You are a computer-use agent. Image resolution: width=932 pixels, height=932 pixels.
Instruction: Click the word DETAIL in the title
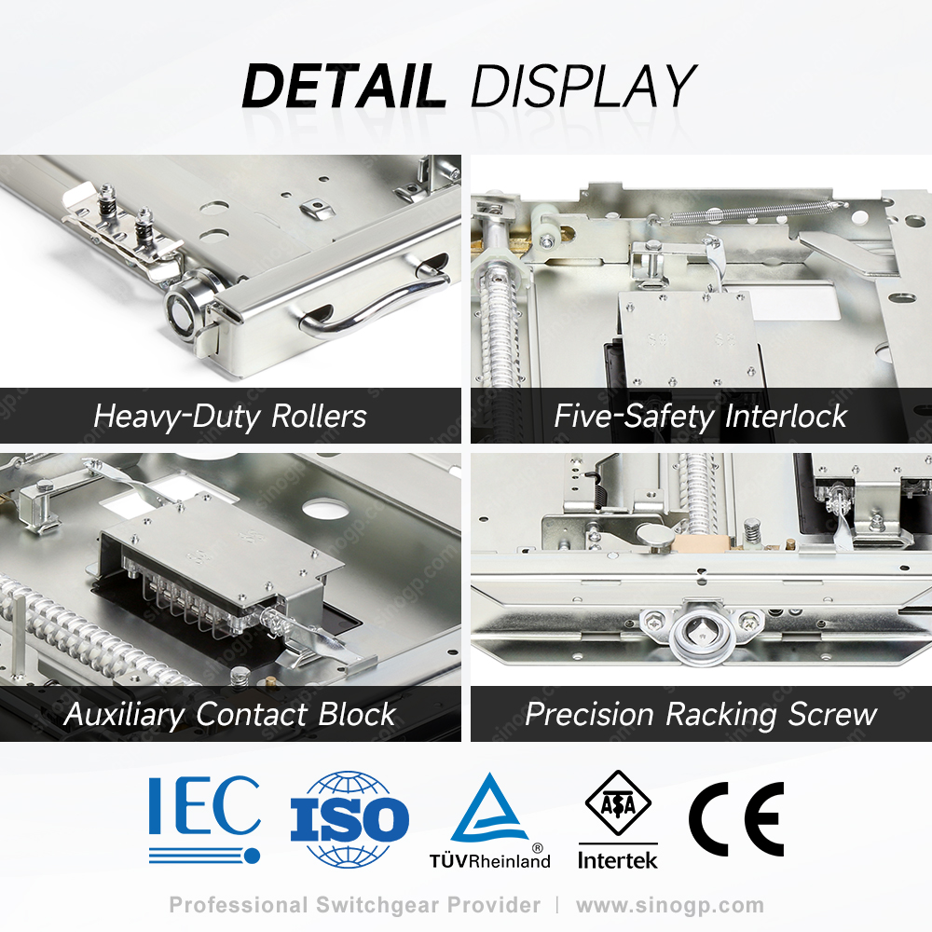click(344, 86)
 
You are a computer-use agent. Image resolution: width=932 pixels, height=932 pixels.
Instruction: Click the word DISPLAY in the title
click(583, 86)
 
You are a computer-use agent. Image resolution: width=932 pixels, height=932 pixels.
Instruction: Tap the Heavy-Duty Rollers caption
click(230, 416)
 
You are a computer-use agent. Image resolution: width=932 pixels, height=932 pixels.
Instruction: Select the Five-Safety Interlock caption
click(700, 416)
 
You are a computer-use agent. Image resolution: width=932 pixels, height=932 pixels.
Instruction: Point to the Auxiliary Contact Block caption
click(230, 714)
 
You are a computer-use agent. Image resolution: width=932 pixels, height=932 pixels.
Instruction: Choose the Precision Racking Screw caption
click(701, 714)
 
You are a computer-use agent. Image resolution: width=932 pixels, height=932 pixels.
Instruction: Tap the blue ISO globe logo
click(349, 818)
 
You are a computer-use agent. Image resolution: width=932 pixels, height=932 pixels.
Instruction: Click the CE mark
click(736, 819)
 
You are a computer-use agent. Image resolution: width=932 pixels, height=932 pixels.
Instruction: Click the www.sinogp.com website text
click(670, 905)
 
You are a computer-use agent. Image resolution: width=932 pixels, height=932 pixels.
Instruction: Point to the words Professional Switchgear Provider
click(355, 905)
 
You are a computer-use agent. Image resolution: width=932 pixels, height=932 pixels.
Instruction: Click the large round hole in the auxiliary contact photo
click(325, 508)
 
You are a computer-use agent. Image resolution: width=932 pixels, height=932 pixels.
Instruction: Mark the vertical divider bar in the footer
click(557, 905)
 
